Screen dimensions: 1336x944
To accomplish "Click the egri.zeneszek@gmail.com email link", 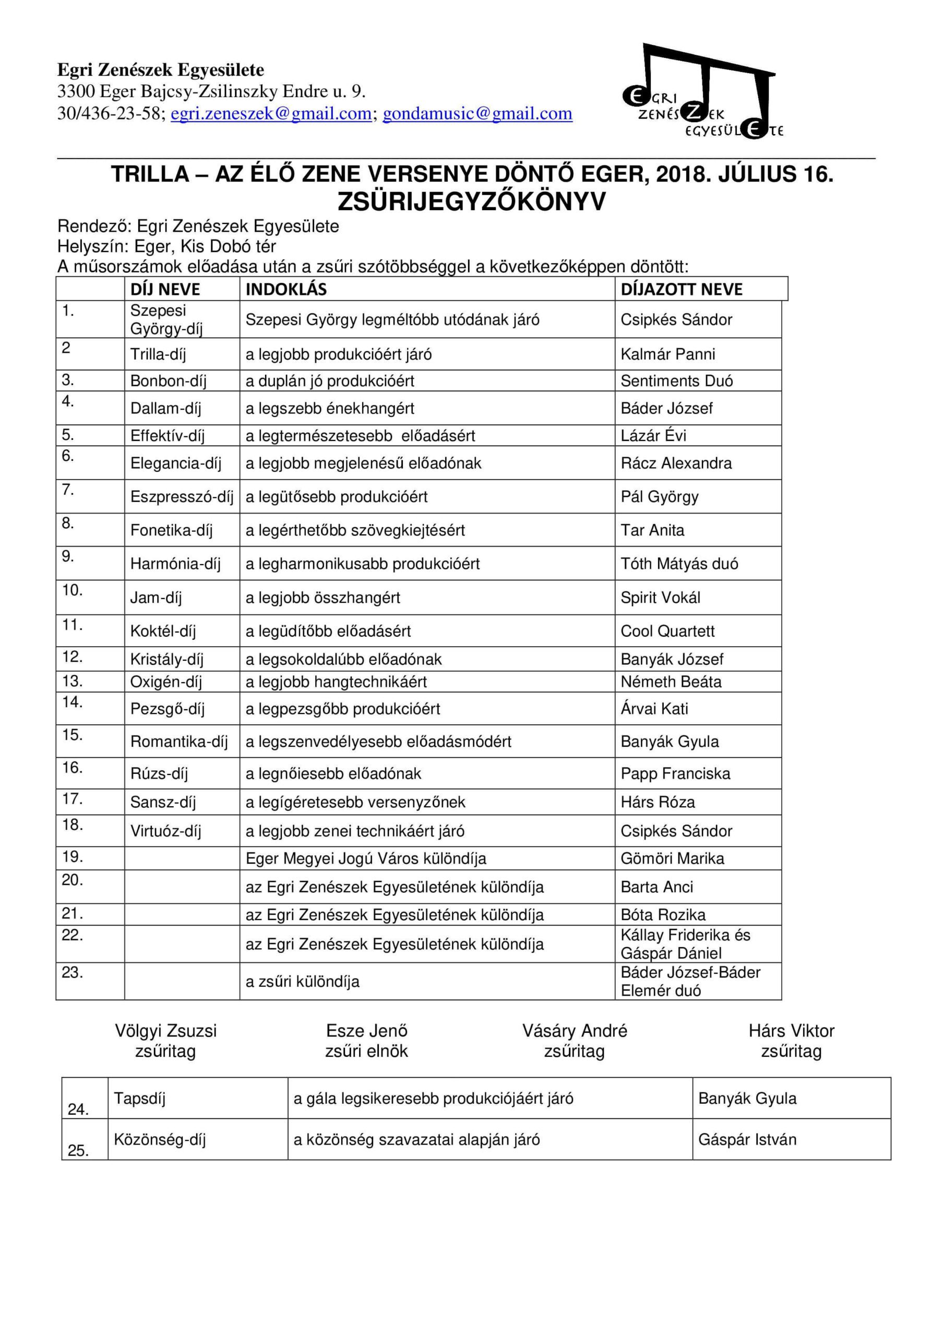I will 271,113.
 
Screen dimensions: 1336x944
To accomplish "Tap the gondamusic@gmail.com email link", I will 477,113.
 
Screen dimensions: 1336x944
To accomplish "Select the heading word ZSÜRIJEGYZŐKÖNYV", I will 471,202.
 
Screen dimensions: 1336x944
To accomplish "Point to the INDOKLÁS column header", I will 286,289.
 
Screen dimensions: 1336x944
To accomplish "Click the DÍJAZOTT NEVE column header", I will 682,289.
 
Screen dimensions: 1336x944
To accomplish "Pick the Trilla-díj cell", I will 158,354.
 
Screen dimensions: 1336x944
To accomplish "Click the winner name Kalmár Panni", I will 667,354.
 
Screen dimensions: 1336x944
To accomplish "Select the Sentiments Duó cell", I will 676,381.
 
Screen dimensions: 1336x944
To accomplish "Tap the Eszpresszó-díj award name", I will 182,497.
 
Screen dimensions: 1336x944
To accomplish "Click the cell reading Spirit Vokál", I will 661,598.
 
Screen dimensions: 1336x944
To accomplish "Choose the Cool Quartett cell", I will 667,631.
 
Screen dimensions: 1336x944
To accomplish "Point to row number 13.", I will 73,682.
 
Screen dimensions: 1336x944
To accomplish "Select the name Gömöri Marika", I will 672,859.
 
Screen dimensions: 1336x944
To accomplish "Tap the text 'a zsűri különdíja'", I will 302,982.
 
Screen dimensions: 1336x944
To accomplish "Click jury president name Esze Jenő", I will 367,1031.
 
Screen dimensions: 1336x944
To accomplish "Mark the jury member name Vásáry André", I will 575,1031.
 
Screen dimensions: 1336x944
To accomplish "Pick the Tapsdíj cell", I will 140,1099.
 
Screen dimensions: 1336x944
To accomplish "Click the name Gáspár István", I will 747,1139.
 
